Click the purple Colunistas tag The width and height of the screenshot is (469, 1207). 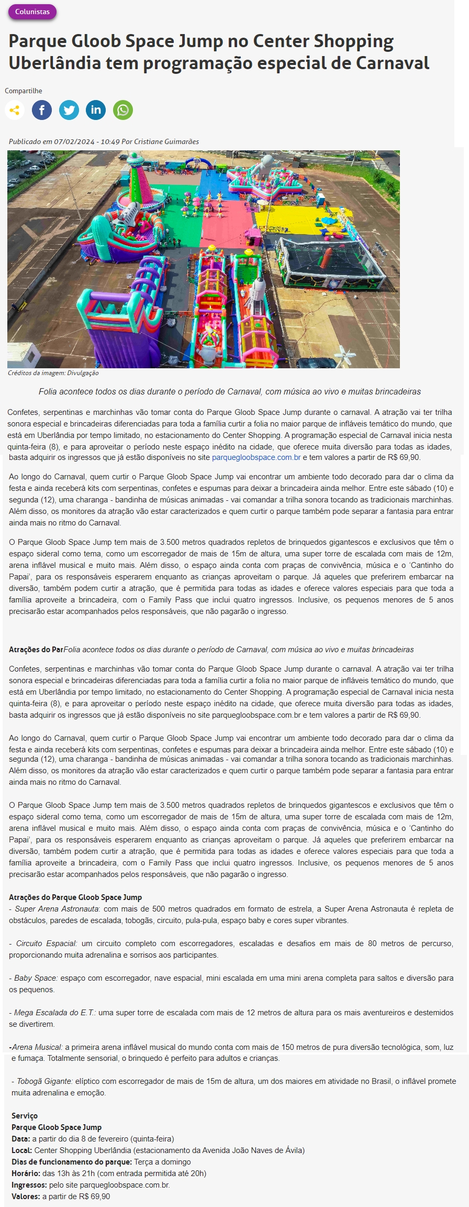tap(32, 12)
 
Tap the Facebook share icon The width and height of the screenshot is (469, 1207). tap(42, 110)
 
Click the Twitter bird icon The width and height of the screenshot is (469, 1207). tap(69, 110)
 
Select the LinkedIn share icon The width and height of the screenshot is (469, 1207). tap(96, 110)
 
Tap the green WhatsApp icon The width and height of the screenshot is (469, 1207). tap(123, 110)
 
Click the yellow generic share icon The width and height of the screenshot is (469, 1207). tap(15, 110)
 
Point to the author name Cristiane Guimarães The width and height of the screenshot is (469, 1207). tap(166, 141)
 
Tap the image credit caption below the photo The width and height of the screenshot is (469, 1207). tap(53, 373)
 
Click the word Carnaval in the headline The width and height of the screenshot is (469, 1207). tap(392, 63)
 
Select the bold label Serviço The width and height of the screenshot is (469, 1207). tap(25, 1116)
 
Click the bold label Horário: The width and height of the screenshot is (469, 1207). tap(26, 1173)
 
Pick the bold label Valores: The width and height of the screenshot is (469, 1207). tap(26, 1197)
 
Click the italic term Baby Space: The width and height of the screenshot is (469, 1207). tap(36, 978)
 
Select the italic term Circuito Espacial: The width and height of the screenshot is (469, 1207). tap(47, 943)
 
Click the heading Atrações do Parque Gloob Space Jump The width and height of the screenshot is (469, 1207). tap(75, 897)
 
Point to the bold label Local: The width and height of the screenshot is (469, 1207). tap(21, 1150)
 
